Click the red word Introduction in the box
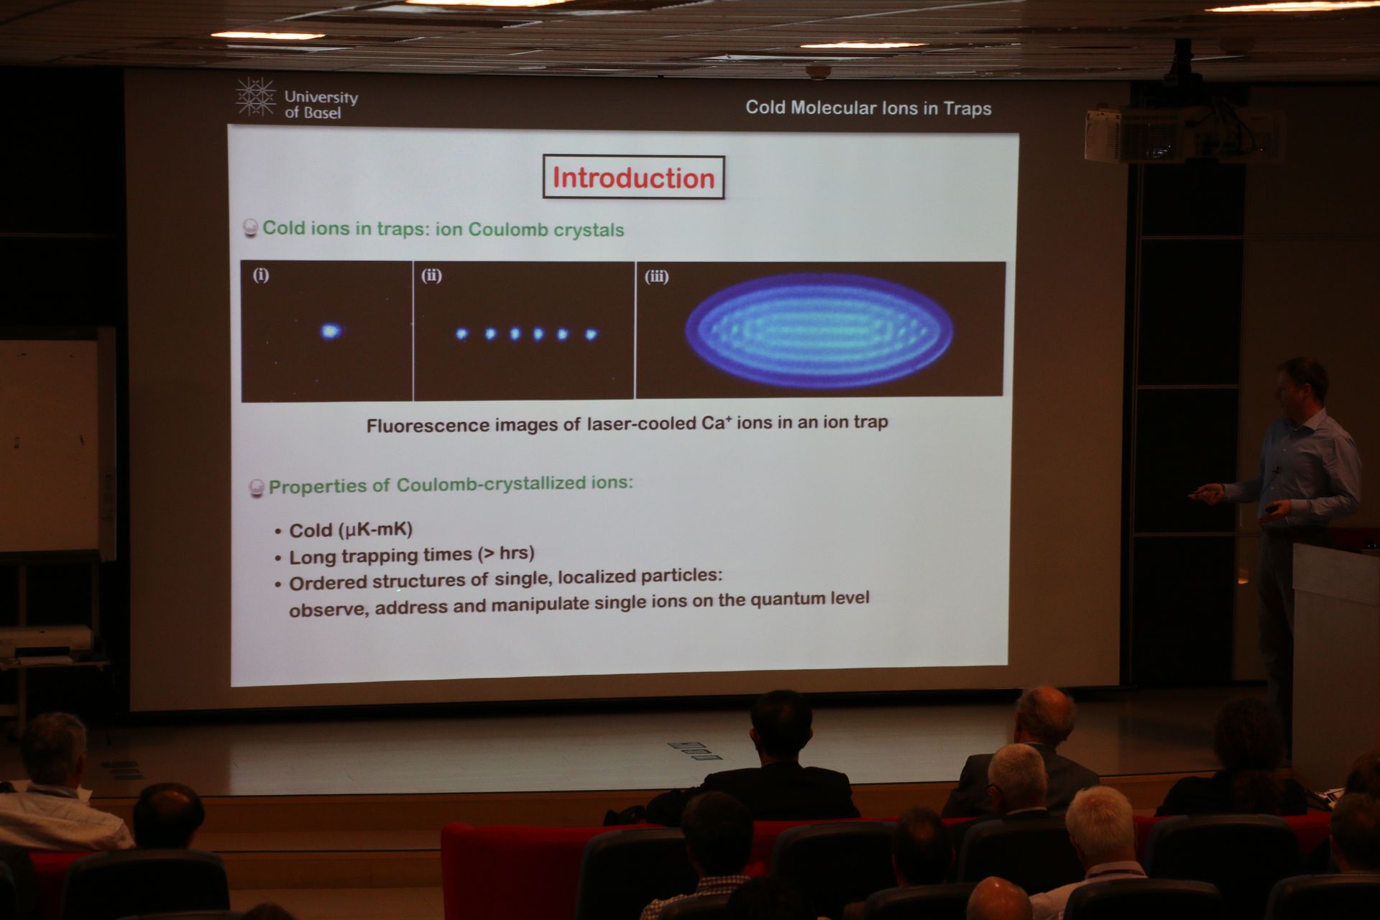tap(633, 178)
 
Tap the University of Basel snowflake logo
tap(256, 97)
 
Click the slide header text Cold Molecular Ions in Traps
tap(868, 108)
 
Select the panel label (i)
tap(261, 275)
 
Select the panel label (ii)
tap(431, 275)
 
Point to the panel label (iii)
tap(656, 277)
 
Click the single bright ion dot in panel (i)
tap(330, 331)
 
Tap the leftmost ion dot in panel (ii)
tap(461, 333)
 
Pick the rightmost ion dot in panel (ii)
tap(591, 334)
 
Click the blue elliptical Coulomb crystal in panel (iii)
tap(819, 329)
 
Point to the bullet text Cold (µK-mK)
tap(351, 530)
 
